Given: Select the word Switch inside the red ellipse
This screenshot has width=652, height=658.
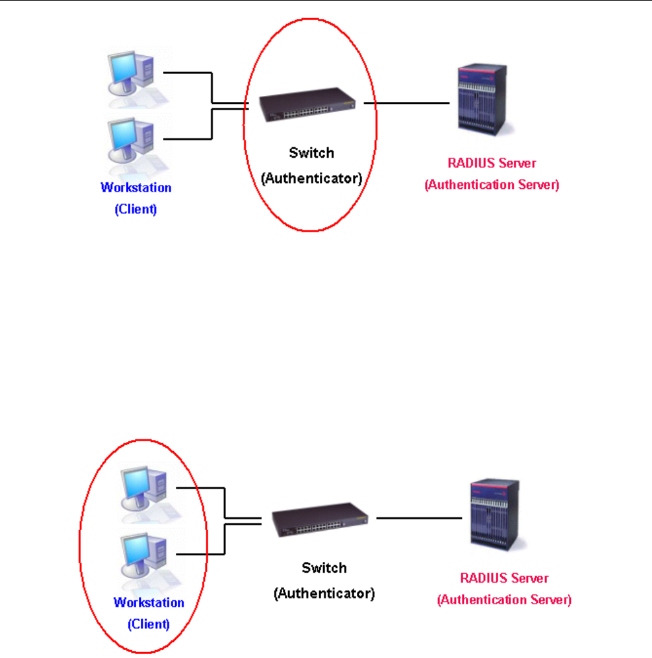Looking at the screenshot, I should coord(311,153).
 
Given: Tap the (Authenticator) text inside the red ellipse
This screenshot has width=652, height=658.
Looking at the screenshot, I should coord(311,178).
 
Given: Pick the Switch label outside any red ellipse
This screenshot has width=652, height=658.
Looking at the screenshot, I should coord(324,568).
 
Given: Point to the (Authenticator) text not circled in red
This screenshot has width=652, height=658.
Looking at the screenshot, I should coord(324,593).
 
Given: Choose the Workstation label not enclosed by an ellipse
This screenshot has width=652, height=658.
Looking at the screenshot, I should coord(136,188).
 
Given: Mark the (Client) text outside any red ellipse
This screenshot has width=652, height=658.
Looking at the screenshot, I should coord(136,210).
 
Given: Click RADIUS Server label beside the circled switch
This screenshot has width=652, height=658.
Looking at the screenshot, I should coord(492,163).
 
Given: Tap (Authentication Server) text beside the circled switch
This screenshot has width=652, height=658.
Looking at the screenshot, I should coord(492,185).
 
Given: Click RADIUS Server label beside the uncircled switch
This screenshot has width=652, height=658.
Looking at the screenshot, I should coord(504,578).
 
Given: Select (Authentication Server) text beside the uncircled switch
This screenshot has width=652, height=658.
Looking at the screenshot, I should coord(504,600).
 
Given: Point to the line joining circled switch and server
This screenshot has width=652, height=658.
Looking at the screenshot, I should coord(406,103).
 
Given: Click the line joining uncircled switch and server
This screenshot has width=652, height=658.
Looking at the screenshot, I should coord(419,518).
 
